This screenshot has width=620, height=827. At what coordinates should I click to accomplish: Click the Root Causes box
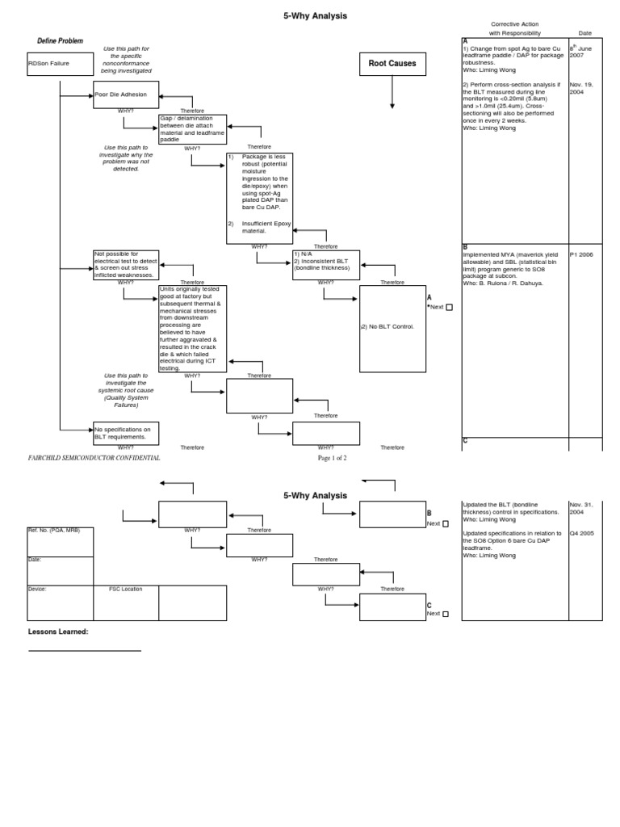click(x=392, y=63)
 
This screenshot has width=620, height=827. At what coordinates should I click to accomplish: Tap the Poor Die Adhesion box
click(x=126, y=94)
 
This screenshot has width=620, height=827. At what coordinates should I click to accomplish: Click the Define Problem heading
click(x=60, y=40)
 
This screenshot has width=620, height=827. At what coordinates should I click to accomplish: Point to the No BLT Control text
click(x=387, y=326)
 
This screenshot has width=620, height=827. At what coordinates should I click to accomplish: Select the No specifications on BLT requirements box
click(x=126, y=433)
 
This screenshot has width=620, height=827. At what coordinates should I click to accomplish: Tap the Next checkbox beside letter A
click(x=449, y=307)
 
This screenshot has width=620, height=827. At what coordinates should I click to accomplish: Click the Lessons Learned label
click(x=58, y=632)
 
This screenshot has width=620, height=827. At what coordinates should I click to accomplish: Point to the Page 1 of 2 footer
click(x=332, y=458)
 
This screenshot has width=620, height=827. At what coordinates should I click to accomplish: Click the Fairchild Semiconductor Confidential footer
click(x=94, y=458)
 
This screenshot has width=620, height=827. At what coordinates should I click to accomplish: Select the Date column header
click(x=584, y=33)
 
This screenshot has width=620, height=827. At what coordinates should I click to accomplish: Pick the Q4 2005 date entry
click(x=581, y=534)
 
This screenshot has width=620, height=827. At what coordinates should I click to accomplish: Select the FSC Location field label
click(x=126, y=589)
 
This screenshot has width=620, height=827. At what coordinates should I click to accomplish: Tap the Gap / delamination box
click(x=192, y=129)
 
